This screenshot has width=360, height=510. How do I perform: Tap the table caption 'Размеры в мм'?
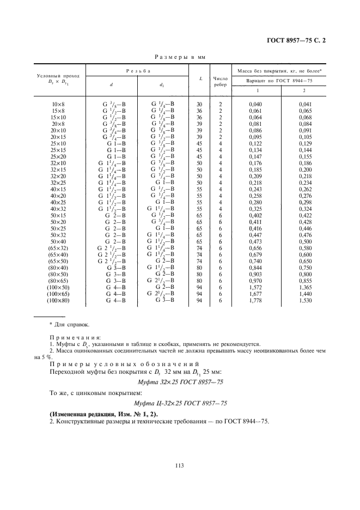click(180, 56)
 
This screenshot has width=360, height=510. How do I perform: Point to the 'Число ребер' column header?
click(221, 81)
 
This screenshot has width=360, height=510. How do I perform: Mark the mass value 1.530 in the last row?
click(304, 300)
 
